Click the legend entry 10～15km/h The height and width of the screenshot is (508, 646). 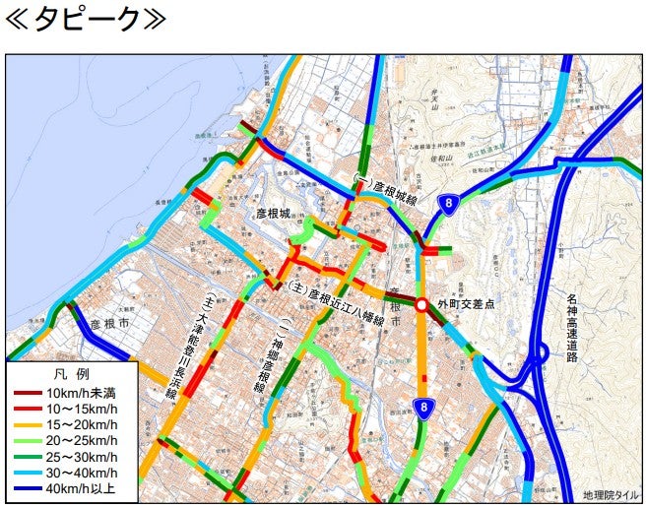[79, 410]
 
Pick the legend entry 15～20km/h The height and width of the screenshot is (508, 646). [79, 425]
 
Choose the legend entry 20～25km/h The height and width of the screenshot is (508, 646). [79, 441]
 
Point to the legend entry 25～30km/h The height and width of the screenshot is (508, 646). [79, 457]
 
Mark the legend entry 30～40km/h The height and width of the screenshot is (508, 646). [79, 473]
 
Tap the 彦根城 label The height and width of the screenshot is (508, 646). [273, 213]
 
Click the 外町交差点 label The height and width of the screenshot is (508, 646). [467, 305]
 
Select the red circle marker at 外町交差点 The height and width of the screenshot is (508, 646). [421, 306]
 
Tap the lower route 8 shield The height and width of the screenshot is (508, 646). [422, 408]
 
